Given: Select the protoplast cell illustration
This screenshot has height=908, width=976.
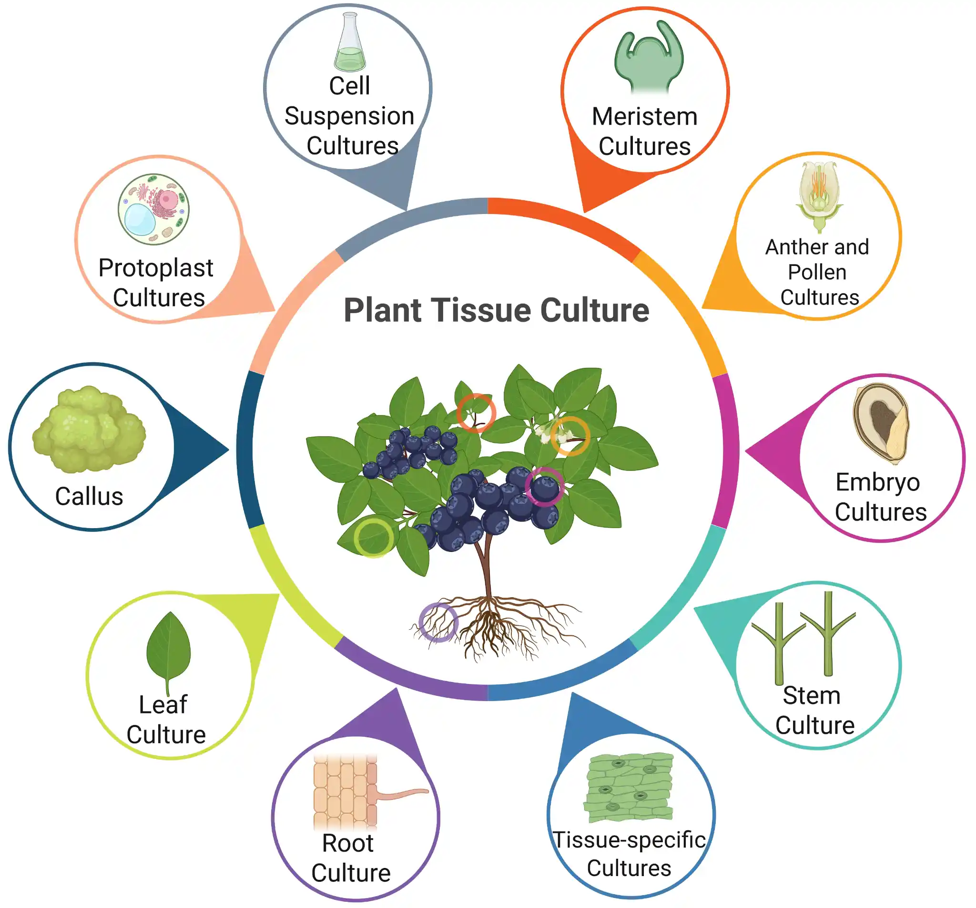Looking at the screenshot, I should [153, 209].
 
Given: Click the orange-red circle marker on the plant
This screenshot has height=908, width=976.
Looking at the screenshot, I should [475, 412].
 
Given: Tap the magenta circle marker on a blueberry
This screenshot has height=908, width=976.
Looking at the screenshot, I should [544, 486].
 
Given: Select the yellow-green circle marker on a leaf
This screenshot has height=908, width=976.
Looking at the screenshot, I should [374, 538].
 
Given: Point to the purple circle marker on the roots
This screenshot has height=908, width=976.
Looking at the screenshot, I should [438, 622].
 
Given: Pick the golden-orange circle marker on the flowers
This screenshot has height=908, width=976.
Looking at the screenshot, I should [569, 436].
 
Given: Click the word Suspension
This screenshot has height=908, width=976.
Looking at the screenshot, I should [349, 116].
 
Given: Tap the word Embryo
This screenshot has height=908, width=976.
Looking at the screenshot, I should [877, 482].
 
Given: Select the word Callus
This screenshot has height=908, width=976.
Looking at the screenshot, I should [89, 497].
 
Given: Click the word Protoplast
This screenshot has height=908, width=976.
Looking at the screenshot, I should [156, 268].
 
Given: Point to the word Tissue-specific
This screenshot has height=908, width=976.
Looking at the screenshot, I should [629, 840].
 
